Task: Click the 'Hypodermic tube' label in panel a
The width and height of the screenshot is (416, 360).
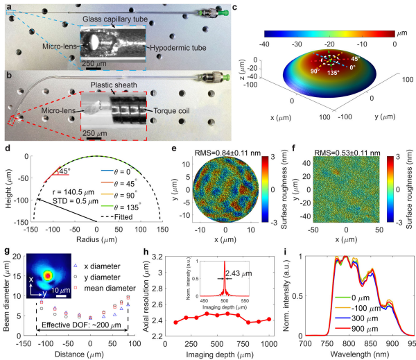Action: (x=175, y=46)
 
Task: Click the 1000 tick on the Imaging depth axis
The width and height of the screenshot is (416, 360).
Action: (x=269, y=341)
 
